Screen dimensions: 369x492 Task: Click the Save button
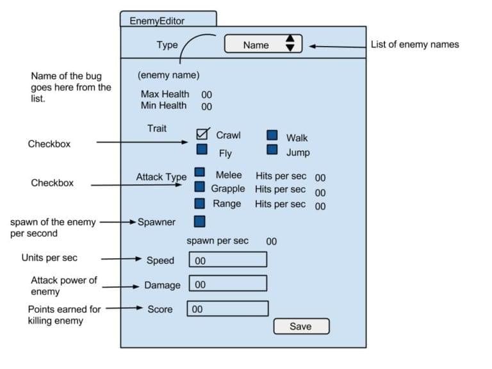tap(300, 326)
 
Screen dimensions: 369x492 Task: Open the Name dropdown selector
tap(263, 44)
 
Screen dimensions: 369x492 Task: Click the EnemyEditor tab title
tap(157, 20)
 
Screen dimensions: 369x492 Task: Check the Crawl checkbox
tap(202, 134)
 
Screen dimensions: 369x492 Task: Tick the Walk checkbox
tap(272, 135)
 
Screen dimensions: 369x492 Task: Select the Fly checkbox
tap(202, 150)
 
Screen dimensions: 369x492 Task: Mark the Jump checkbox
tap(272, 149)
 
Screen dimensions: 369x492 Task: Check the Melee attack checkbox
tap(200, 172)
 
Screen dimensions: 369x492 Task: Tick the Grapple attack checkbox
tap(200, 187)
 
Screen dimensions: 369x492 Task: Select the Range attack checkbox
tap(200, 203)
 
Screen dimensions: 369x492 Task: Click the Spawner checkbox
tap(200, 222)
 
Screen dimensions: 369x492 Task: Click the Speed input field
tap(227, 259)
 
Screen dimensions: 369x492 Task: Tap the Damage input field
tap(227, 284)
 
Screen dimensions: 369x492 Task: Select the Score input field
tap(227, 308)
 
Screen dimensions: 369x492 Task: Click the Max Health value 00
tap(206, 95)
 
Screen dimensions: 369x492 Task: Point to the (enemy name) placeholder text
tap(168, 75)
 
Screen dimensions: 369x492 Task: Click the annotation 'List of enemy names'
tap(414, 44)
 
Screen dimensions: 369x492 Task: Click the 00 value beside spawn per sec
tap(272, 242)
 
